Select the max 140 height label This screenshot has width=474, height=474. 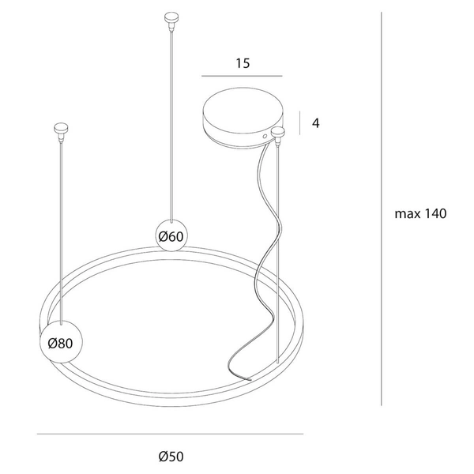pos(421,213)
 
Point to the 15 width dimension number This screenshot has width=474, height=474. pos(243,64)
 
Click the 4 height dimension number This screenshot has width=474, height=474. pos(315,123)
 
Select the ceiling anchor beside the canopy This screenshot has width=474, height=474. pos(277,133)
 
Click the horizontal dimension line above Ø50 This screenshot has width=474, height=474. pos(170,434)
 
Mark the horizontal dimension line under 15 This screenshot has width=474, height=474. pos(242,76)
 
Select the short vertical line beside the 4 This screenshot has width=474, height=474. pos(300,123)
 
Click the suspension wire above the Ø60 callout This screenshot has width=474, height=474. pos(171,118)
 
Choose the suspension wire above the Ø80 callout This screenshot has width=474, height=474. pos(60,229)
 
